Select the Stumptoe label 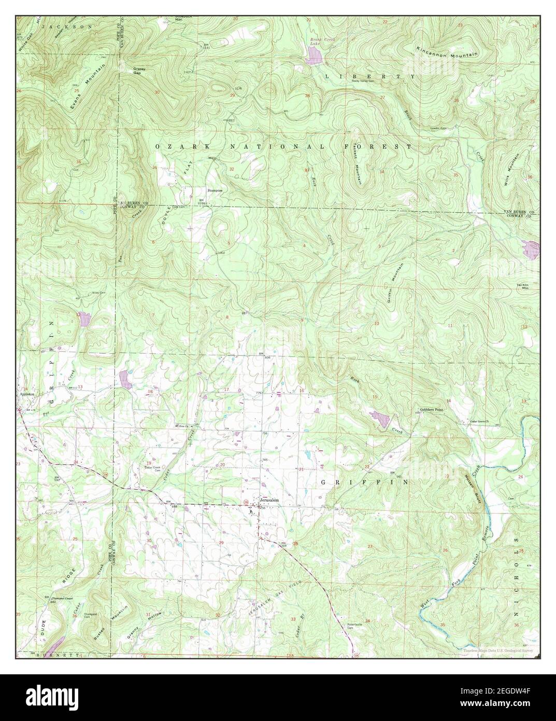click(x=215, y=191)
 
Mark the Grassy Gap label click(x=139, y=71)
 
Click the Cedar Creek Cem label click(x=154, y=468)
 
